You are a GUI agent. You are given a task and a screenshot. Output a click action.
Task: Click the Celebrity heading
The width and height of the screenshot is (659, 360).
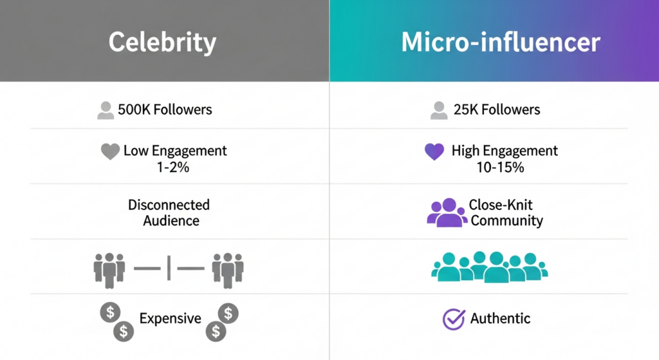coord(162,43)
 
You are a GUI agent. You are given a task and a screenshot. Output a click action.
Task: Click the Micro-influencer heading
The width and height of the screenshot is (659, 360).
coord(500,43)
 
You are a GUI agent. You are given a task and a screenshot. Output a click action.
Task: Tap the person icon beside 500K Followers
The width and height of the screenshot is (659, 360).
coord(106,110)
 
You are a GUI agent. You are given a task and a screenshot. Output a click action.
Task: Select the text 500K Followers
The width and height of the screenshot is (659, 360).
coord(165,109)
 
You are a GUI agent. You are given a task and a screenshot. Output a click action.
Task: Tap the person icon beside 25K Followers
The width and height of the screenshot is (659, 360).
coord(439,110)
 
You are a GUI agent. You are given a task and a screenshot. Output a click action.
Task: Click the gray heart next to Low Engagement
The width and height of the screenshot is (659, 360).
coord(111,152)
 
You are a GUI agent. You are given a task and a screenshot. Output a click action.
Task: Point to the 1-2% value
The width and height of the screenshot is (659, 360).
coord(166,167)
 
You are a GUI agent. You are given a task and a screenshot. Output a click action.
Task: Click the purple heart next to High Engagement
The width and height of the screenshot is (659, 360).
coord(436,152)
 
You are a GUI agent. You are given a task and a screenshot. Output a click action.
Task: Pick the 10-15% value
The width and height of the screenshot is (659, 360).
coord(497,167)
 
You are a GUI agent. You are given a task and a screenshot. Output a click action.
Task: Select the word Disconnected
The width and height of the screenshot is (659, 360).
coord(169,205)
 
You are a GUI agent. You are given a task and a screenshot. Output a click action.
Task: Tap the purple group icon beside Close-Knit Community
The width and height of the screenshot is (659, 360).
coord(447,213)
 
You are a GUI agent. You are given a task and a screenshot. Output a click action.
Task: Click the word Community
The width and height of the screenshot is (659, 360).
coord(506,220)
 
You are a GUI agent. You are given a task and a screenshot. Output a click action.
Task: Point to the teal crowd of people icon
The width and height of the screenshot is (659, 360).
coord(489,267)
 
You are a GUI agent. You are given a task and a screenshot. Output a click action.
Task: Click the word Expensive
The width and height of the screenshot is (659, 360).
coord(170,318)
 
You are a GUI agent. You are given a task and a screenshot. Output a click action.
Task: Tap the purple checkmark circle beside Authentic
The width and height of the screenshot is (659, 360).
coord(454,319)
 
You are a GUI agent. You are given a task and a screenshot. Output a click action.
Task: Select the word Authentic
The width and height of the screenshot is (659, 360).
coord(500,318)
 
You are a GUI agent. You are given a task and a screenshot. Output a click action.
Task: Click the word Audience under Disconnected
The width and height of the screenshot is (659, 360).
coord(171,220)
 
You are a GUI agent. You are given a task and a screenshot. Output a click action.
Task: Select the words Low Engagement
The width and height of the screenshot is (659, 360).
coord(175,151)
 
